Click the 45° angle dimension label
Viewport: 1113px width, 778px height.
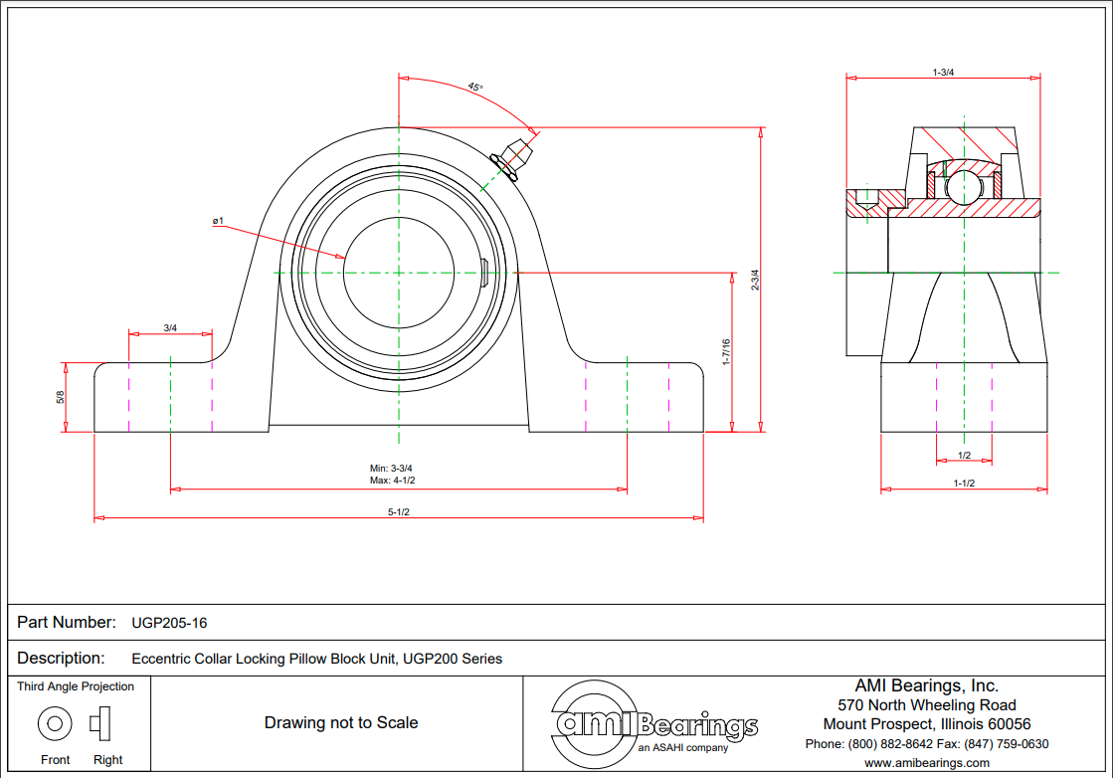[x=475, y=88]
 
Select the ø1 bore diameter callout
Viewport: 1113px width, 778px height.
[x=217, y=221]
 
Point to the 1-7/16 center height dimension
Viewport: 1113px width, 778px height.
[x=726, y=352]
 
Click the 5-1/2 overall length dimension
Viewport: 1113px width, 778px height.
[x=399, y=511]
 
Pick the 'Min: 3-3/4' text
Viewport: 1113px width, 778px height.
[x=392, y=468]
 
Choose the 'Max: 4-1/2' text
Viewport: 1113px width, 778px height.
[x=392, y=481]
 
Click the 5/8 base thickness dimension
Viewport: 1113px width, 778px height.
[x=61, y=397]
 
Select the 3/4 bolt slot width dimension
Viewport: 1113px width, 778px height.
[x=170, y=328]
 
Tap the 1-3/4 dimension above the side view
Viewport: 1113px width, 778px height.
[x=943, y=73]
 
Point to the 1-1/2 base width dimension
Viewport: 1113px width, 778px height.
[x=964, y=483]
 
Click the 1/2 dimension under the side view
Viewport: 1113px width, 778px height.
[x=964, y=455]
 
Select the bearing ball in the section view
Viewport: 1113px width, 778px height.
[x=963, y=186]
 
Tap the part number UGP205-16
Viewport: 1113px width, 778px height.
[x=169, y=623]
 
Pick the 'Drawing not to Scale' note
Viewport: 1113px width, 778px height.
[x=340, y=722]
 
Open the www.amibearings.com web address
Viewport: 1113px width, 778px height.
[x=926, y=763]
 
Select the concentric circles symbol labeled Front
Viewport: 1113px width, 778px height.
[x=55, y=723]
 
